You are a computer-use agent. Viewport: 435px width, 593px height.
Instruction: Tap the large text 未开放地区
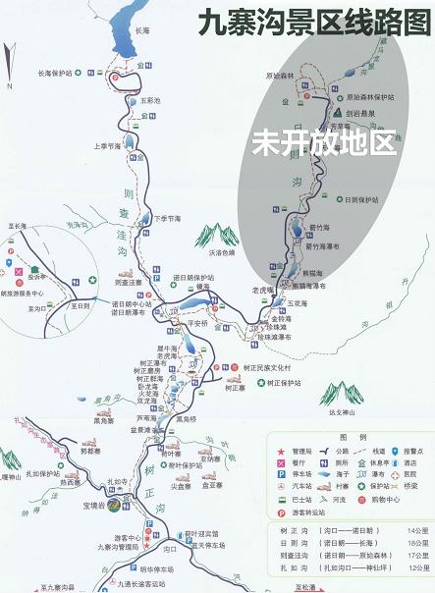(x=323, y=142)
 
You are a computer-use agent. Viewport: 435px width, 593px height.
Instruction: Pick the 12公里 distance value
(x=420, y=567)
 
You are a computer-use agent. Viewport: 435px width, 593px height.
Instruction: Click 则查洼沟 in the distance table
(x=286, y=554)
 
